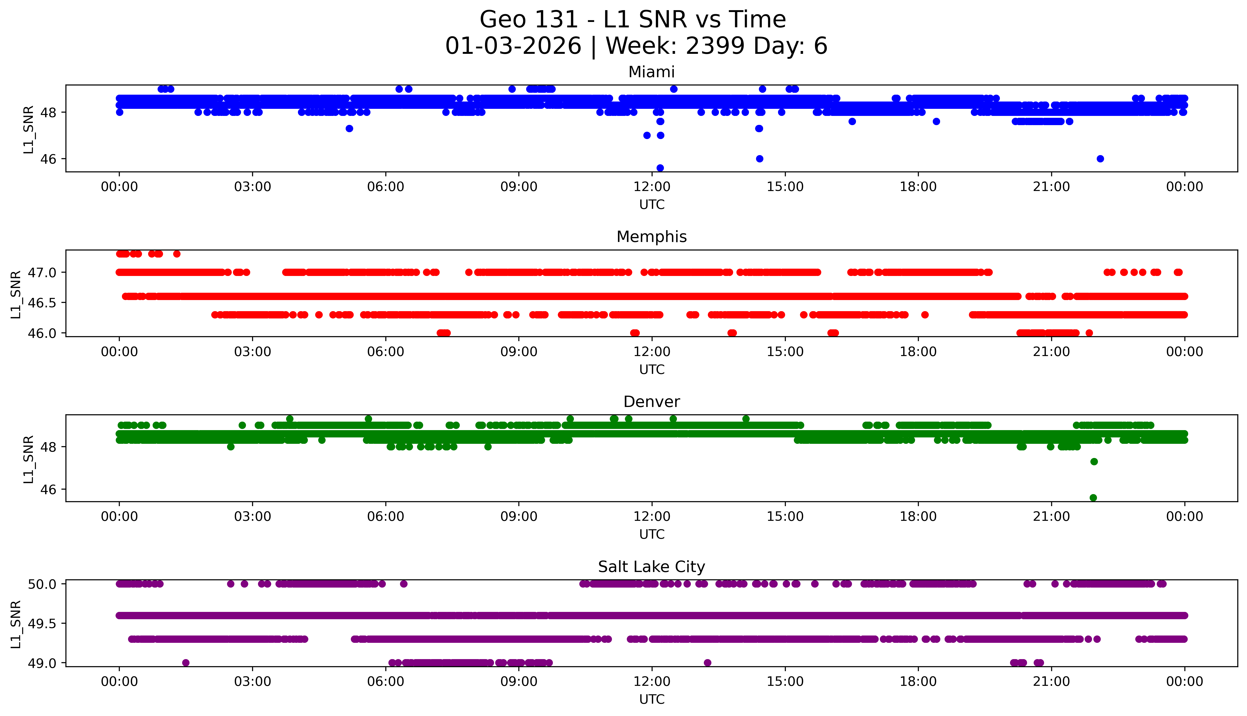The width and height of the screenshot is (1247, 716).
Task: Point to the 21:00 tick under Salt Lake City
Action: pyautogui.click(x=1051, y=682)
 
